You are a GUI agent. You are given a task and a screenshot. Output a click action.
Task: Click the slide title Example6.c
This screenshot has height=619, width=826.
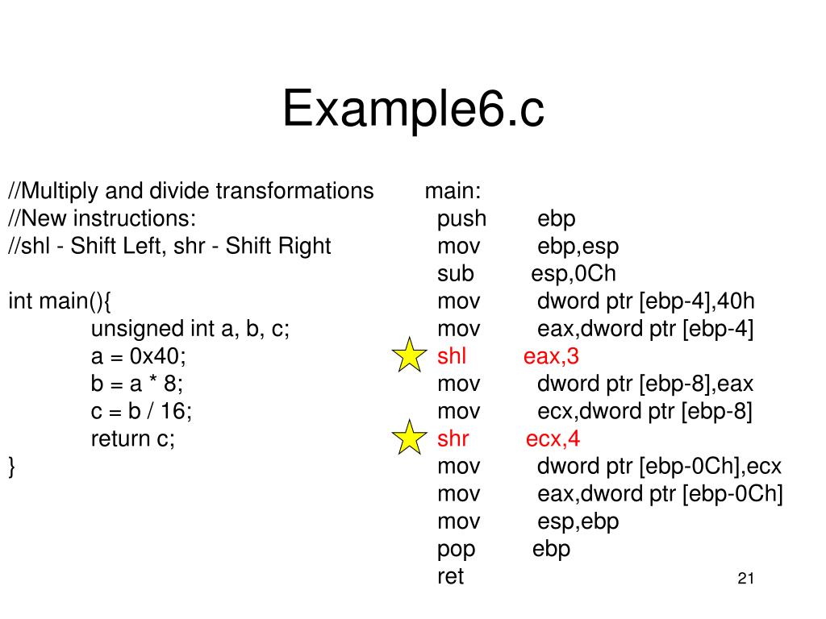[x=413, y=110]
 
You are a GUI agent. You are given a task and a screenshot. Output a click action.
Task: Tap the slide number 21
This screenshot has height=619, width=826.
[x=745, y=579]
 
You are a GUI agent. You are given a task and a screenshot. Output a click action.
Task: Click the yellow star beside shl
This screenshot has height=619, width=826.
[x=409, y=355]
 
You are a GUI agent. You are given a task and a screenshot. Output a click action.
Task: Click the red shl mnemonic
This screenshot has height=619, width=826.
[x=452, y=355]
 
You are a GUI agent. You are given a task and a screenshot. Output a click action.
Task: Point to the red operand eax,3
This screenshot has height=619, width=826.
[x=551, y=355]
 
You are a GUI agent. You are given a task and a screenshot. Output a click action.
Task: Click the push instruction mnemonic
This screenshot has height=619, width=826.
[x=461, y=218]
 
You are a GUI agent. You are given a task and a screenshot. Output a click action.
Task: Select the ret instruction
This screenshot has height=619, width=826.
[x=450, y=576]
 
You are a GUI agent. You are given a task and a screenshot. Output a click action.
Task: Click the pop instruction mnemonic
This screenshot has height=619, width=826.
[x=456, y=549]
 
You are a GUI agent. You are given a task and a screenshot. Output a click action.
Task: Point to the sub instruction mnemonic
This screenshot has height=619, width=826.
[x=455, y=273]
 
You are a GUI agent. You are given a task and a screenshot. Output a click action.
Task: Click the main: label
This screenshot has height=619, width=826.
[x=453, y=191]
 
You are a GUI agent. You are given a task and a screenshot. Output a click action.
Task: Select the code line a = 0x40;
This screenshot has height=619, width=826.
[x=138, y=355]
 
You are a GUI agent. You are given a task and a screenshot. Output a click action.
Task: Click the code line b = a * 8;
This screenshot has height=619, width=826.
[x=137, y=383]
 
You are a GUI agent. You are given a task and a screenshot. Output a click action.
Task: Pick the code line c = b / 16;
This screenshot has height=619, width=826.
[x=141, y=410]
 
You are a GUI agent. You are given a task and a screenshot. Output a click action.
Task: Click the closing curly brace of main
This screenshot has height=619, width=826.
[x=12, y=466]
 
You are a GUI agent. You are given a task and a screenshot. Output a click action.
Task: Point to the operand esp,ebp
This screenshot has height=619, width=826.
[x=578, y=521]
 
